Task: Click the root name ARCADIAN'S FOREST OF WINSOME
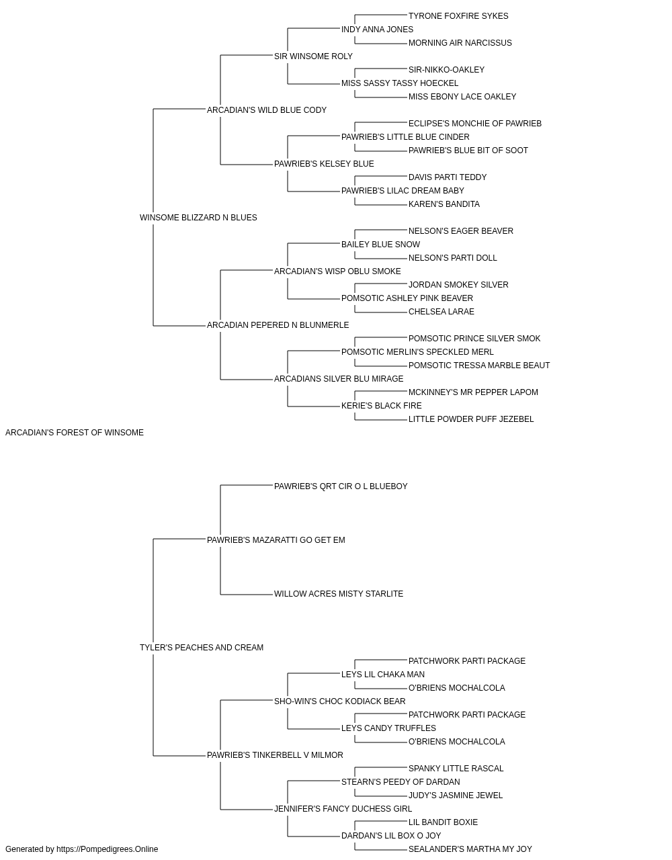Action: [x=75, y=433]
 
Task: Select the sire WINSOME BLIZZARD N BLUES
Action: [x=198, y=218]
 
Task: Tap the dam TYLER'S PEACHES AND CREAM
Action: [x=202, y=648]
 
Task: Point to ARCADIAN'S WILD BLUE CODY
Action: [x=267, y=110]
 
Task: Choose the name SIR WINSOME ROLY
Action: [x=313, y=56]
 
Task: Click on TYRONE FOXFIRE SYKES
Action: [x=458, y=16]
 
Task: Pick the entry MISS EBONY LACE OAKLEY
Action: [x=462, y=97]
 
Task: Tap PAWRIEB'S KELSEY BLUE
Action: [x=324, y=164]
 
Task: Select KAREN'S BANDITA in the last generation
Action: [x=444, y=204]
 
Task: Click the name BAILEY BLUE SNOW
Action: [x=381, y=245]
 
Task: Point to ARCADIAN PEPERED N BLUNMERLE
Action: [x=278, y=325]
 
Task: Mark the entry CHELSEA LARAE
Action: [x=442, y=312]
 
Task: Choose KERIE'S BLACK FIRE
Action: [x=382, y=406]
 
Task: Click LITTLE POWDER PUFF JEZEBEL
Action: [x=471, y=419]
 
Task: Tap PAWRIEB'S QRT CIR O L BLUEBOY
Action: [x=341, y=486]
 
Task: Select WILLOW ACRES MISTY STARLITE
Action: [x=339, y=594]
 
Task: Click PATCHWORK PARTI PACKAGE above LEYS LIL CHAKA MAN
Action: [x=467, y=661]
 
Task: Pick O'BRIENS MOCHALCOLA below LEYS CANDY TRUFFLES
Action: [x=457, y=742]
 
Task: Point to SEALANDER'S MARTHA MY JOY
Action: [x=470, y=849]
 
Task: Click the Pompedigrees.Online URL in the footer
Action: [x=108, y=849]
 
